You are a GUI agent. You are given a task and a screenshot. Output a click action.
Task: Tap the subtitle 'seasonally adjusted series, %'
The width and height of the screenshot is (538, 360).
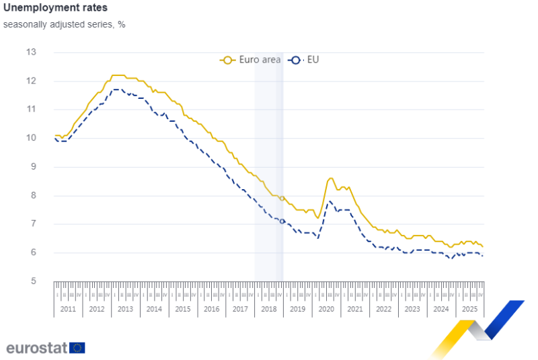click(x=64, y=24)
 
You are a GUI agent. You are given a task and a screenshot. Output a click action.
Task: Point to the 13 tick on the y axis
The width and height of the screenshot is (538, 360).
click(x=31, y=52)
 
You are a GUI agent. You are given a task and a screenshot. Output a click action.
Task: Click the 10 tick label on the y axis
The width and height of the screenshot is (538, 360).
click(x=31, y=139)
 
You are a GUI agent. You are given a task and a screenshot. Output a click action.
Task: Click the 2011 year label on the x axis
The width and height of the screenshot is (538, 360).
click(x=67, y=310)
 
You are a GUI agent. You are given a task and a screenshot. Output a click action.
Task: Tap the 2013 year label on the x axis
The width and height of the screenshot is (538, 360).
click(x=125, y=310)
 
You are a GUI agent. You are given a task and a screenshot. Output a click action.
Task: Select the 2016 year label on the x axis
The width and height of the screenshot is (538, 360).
click(x=211, y=310)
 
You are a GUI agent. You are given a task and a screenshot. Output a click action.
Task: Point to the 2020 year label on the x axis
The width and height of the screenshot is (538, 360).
click(x=326, y=310)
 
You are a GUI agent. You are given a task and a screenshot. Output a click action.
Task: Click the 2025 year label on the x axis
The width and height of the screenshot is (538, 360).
click(x=469, y=310)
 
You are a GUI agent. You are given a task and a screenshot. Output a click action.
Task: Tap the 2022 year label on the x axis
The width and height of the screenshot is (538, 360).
click(x=383, y=310)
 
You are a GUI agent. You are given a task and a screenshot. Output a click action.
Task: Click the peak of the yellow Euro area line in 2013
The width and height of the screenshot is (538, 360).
click(x=118, y=75)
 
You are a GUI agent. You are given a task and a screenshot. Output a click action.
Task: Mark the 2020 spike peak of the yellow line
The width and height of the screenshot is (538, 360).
click(x=330, y=178)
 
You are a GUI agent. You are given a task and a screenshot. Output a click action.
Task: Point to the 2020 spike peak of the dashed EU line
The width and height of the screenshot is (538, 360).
click(x=330, y=201)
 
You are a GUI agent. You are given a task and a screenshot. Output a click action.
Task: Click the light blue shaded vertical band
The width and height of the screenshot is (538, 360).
click(x=268, y=168)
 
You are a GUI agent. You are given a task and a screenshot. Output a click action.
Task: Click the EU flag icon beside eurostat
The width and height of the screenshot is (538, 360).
click(x=78, y=348)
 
